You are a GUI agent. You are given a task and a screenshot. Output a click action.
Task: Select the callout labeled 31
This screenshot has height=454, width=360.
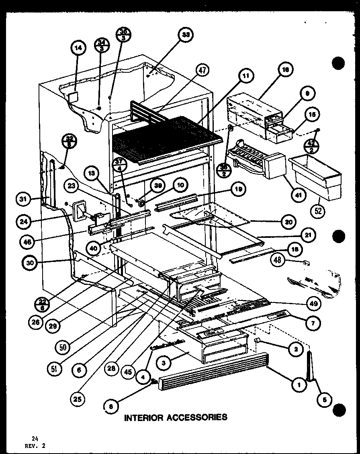[x=24, y=198]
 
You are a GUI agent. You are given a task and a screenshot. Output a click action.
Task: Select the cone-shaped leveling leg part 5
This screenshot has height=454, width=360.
[x=310, y=365]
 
